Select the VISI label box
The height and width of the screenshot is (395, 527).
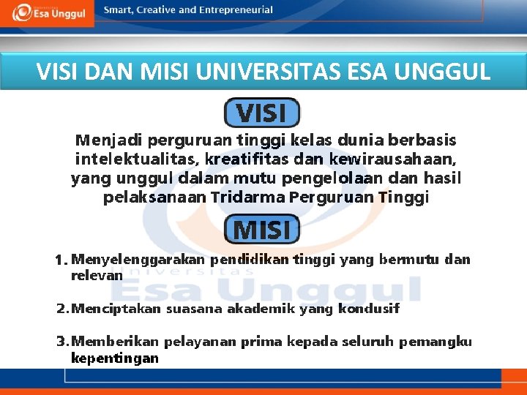tap(261, 113)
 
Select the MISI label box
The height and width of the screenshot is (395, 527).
tap(261, 230)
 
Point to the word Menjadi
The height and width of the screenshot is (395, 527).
tap(108, 139)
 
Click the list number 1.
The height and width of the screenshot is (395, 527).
tap(61, 260)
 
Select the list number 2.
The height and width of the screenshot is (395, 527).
tap(61, 309)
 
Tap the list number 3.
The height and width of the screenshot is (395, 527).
tap(61, 342)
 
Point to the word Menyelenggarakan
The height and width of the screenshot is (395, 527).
tap(138, 260)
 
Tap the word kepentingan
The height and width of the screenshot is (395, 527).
tap(114, 358)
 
